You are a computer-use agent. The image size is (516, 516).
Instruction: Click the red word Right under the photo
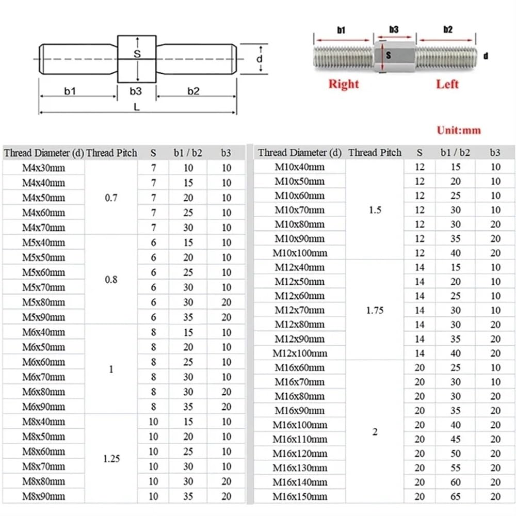[343, 84]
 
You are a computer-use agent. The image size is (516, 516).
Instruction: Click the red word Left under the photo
[447, 84]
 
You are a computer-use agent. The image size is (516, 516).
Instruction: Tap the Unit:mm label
[459, 130]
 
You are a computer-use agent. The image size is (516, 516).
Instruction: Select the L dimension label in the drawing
[136, 107]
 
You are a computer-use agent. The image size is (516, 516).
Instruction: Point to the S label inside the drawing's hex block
[137, 54]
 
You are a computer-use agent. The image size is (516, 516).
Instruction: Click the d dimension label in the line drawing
[260, 59]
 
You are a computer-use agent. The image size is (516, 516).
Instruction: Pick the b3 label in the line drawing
[136, 91]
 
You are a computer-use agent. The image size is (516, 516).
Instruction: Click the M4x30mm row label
[44, 168]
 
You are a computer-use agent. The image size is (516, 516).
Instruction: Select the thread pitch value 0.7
[111, 198]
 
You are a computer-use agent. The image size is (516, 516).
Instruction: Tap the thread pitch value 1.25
[111, 459]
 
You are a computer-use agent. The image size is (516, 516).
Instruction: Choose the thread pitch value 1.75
[375, 311]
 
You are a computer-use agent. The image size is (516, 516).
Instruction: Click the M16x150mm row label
[300, 496]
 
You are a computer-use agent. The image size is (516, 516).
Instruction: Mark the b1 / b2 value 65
[455, 496]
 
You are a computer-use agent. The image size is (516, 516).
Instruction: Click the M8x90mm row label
[44, 496]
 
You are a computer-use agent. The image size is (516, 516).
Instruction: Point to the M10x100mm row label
[300, 253]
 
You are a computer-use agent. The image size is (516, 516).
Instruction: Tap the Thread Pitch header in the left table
[111, 153]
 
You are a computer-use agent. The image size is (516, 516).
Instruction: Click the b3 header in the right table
[495, 152]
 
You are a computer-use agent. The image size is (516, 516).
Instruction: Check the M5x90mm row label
[44, 317]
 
